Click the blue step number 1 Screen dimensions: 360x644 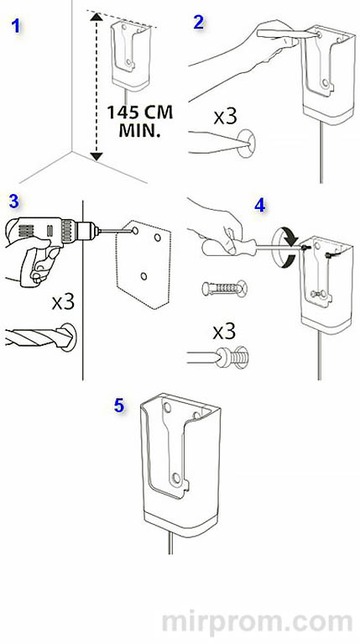[x=16, y=26]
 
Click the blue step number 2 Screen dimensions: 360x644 [x=199, y=22]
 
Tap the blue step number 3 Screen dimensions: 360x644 [x=14, y=202]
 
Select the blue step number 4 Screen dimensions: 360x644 [x=260, y=206]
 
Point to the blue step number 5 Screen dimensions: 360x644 [x=119, y=406]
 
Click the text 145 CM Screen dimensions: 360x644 [x=139, y=113]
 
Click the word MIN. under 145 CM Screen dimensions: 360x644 [x=139, y=131]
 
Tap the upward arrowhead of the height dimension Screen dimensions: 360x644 [x=96, y=17]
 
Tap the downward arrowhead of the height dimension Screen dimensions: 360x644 [x=96, y=156]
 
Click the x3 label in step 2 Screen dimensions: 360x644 [x=226, y=117]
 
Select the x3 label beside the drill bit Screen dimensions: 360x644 [x=63, y=302]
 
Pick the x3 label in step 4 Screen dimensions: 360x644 [x=224, y=332]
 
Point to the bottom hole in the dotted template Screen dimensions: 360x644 [x=143, y=276]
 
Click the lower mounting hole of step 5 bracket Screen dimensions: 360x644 [x=176, y=478]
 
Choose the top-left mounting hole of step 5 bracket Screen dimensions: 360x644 [x=168, y=408]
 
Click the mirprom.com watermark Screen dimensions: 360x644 [x=258, y=622]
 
